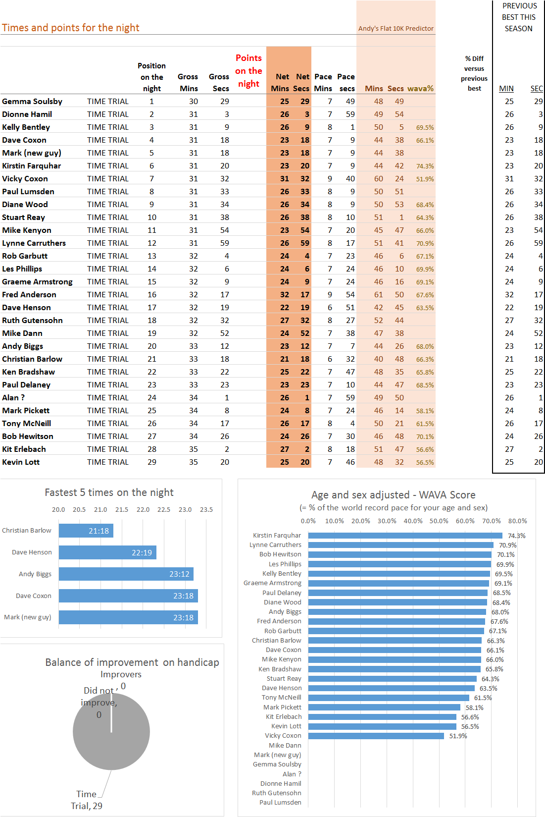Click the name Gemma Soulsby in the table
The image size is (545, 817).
[32, 102]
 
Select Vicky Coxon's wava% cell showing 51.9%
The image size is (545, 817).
[425, 179]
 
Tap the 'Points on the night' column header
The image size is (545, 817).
[249, 71]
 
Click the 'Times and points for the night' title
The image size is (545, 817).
[71, 28]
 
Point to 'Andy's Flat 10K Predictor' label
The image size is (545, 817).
[396, 28]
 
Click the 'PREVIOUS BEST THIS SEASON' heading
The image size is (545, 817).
[519, 17]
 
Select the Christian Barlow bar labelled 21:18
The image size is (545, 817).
[86, 531]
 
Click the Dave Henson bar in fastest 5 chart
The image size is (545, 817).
[107, 552]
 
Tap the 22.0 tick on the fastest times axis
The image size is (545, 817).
[143, 509]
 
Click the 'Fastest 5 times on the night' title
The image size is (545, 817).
[109, 492]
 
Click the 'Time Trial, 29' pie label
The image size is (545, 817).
[87, 800]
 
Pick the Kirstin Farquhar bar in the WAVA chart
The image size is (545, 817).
[405, 536]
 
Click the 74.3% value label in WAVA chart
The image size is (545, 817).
[517, 536]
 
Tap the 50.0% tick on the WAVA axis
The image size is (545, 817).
[439, 521]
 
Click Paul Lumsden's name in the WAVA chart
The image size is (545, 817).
[280, 803]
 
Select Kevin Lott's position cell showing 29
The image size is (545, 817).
[152, 462]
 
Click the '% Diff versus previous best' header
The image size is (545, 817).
[474, 73]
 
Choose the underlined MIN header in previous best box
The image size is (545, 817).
[506, 89]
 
